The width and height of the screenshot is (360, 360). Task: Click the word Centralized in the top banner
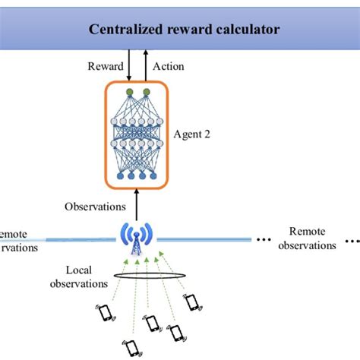click(125, 30)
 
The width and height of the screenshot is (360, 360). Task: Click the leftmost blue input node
click(119, 175)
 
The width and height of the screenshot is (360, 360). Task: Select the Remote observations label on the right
click(306, 238)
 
